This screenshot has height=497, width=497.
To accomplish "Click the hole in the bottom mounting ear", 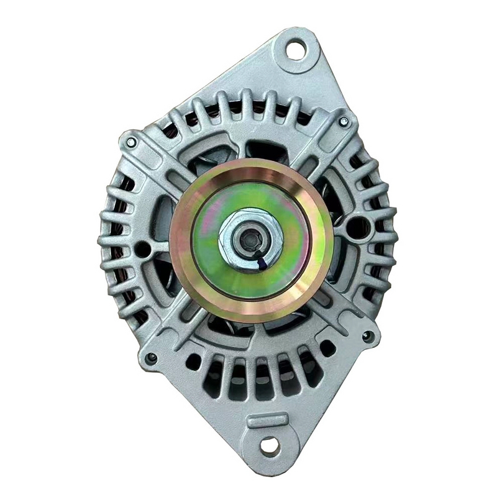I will pyautogui.click(x=269, y=445).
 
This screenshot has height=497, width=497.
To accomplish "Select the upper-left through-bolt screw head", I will pyautogui.click(x=131, y=142).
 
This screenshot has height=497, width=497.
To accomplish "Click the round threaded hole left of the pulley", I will pyautogui.click(x=143, y=249).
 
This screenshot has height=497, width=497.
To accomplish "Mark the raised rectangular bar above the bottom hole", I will pyautogui.click(x=267, y=421).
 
